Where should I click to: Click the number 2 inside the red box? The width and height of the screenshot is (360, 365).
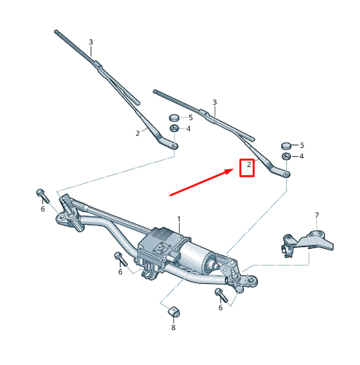click(249, 166)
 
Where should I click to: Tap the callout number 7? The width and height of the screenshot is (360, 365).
click(317, 215)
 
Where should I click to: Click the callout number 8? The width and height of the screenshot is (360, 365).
click(173, 327)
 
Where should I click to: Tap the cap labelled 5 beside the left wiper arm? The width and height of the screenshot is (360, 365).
click(175, 118)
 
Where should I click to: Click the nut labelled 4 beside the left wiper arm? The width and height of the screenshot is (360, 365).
click(175, 129)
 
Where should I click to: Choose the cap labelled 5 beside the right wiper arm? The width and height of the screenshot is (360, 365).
click(287, 145)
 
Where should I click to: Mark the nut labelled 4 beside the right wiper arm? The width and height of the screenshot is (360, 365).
click(287, 156)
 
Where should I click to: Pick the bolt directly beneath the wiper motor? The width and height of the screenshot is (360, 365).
click(118, 257)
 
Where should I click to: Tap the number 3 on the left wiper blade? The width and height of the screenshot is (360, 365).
click(91, 42)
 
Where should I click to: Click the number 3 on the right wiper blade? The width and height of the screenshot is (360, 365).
click(214, 102)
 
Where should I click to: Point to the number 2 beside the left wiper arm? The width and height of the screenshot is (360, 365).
click(137, 133)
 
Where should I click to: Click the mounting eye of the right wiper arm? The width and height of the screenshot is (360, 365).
click(286, 174)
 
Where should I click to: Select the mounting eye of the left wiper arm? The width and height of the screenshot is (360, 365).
click(175, 147)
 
